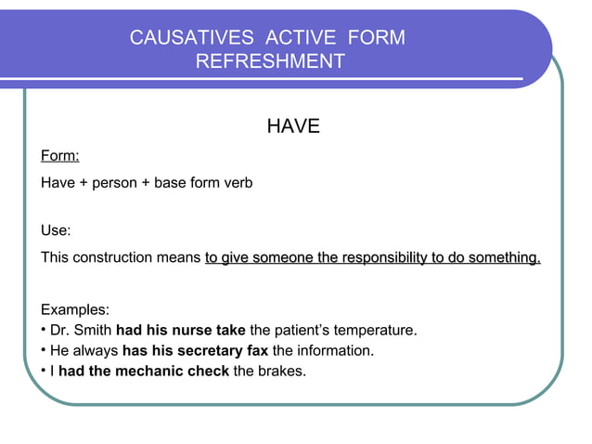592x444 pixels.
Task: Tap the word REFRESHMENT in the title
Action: pos(270,61)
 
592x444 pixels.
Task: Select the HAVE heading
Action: pos(293,126)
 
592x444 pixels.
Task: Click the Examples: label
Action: pos(75,308)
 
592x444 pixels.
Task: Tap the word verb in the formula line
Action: pos(236,183)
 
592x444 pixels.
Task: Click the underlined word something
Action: pos(504,257)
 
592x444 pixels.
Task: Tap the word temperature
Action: pos(372,330)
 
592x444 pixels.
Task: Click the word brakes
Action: pos(281,372)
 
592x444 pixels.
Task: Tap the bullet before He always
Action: pos(44,351)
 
